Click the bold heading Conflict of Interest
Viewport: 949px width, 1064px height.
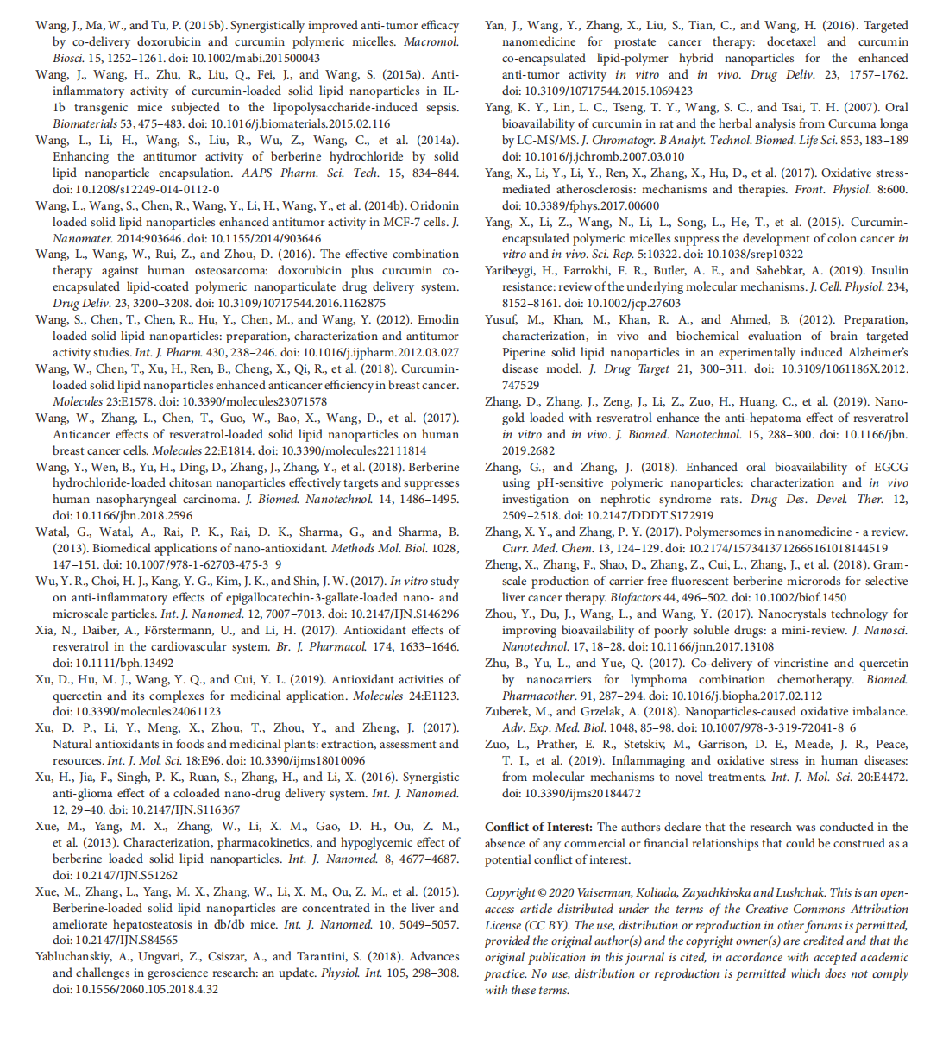point(538,827)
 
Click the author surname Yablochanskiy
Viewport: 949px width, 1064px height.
point(72,956)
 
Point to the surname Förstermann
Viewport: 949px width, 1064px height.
point(203,630)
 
